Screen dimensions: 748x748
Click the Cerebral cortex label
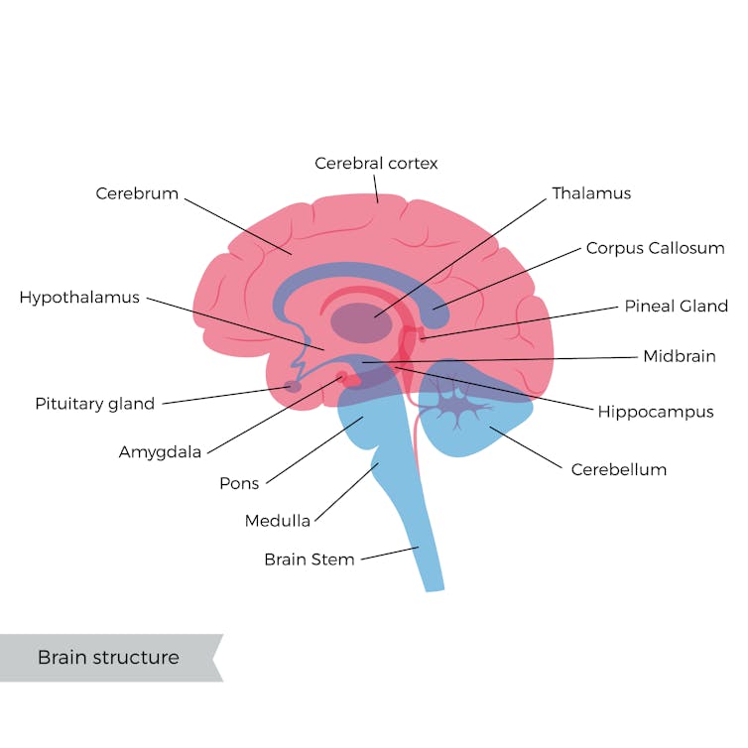coord(376,163)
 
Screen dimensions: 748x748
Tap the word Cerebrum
coord(137,193)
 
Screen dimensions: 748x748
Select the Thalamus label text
coord(591,193)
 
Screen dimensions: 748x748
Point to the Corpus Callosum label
coord(655,248)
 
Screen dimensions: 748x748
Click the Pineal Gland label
coord(676,306)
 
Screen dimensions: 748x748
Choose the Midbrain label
coord(679,356)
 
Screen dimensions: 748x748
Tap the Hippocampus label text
coord(655,411)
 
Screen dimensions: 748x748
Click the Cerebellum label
coord(618,469)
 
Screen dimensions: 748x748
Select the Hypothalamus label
coord(79,298)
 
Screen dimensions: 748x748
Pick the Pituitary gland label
coord(95,404)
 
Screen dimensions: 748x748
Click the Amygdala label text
coord(160,452)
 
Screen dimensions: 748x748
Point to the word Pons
coord(239,484)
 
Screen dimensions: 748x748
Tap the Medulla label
coord(278,521)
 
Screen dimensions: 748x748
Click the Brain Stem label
coord(310,560)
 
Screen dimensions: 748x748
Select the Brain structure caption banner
coord(109,658)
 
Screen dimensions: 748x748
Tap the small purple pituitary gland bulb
coord(294,386)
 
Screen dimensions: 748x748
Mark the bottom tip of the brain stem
coord(434,586)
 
